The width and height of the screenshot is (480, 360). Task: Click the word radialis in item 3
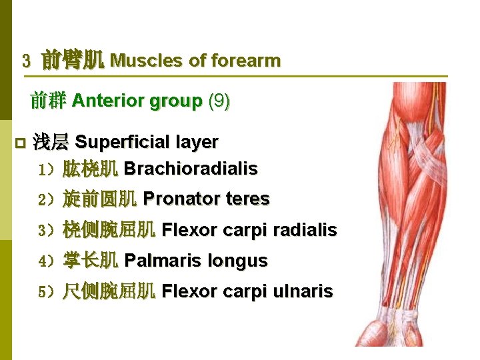[303, 230]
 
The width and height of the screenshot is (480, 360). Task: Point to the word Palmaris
[163, 261]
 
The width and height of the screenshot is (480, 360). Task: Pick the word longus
[237, 261]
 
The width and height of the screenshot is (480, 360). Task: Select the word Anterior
[108, 101]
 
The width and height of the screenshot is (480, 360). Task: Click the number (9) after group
[219, 101]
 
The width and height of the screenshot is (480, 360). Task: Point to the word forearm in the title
[245, 61]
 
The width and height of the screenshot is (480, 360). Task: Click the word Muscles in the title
[147, 61]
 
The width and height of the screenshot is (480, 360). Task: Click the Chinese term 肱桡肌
[91, 169]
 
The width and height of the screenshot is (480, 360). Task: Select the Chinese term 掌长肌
[91, 261]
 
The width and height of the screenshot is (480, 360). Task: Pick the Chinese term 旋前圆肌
[100, 199]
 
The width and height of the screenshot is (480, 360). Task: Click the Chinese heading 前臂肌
[73, 61]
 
